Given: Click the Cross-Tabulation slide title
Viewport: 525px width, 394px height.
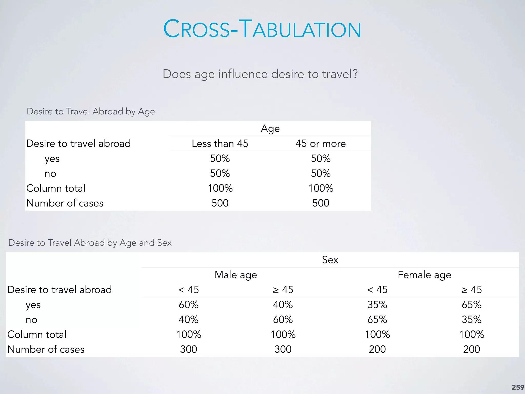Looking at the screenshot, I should tap(262, 29).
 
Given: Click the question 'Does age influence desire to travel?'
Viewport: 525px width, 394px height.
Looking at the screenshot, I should tap(260, 74).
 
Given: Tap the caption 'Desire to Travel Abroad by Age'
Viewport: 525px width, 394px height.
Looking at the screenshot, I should tap(91, 112).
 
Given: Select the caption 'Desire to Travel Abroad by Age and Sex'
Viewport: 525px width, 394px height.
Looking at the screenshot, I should tap(90, 243).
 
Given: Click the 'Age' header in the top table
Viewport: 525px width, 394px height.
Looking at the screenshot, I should tap(270, 129).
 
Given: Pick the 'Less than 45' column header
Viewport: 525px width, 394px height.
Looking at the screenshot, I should tap(220, 143).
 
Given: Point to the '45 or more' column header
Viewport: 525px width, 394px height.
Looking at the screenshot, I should tap(320, 143).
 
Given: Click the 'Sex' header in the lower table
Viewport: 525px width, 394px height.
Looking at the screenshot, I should tap(330, 260).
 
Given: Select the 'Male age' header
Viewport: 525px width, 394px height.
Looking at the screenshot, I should tap(236, 275).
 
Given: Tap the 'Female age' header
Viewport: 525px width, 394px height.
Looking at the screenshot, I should tap(424, 275).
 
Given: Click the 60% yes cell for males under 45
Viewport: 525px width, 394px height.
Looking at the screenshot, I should tap(188, 305).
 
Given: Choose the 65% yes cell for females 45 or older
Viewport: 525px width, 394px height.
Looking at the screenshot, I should tap(471, 305).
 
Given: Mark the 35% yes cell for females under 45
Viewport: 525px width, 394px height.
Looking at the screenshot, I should tap(377, 305).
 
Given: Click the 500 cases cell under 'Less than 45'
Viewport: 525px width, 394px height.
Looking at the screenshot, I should tap(220, 203).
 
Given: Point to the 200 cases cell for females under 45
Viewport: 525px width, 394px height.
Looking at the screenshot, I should tap(377, 349).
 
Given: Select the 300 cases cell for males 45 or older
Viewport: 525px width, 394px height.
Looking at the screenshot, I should tap(283, 349).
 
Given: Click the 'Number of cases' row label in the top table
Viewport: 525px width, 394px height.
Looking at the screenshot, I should tap(65, 203).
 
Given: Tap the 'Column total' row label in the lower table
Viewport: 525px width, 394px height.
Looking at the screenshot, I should tap(37, 334).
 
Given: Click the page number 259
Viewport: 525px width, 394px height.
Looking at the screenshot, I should tap(518, 387).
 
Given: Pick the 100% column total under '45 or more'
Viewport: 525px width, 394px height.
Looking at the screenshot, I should tap(320, 188).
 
